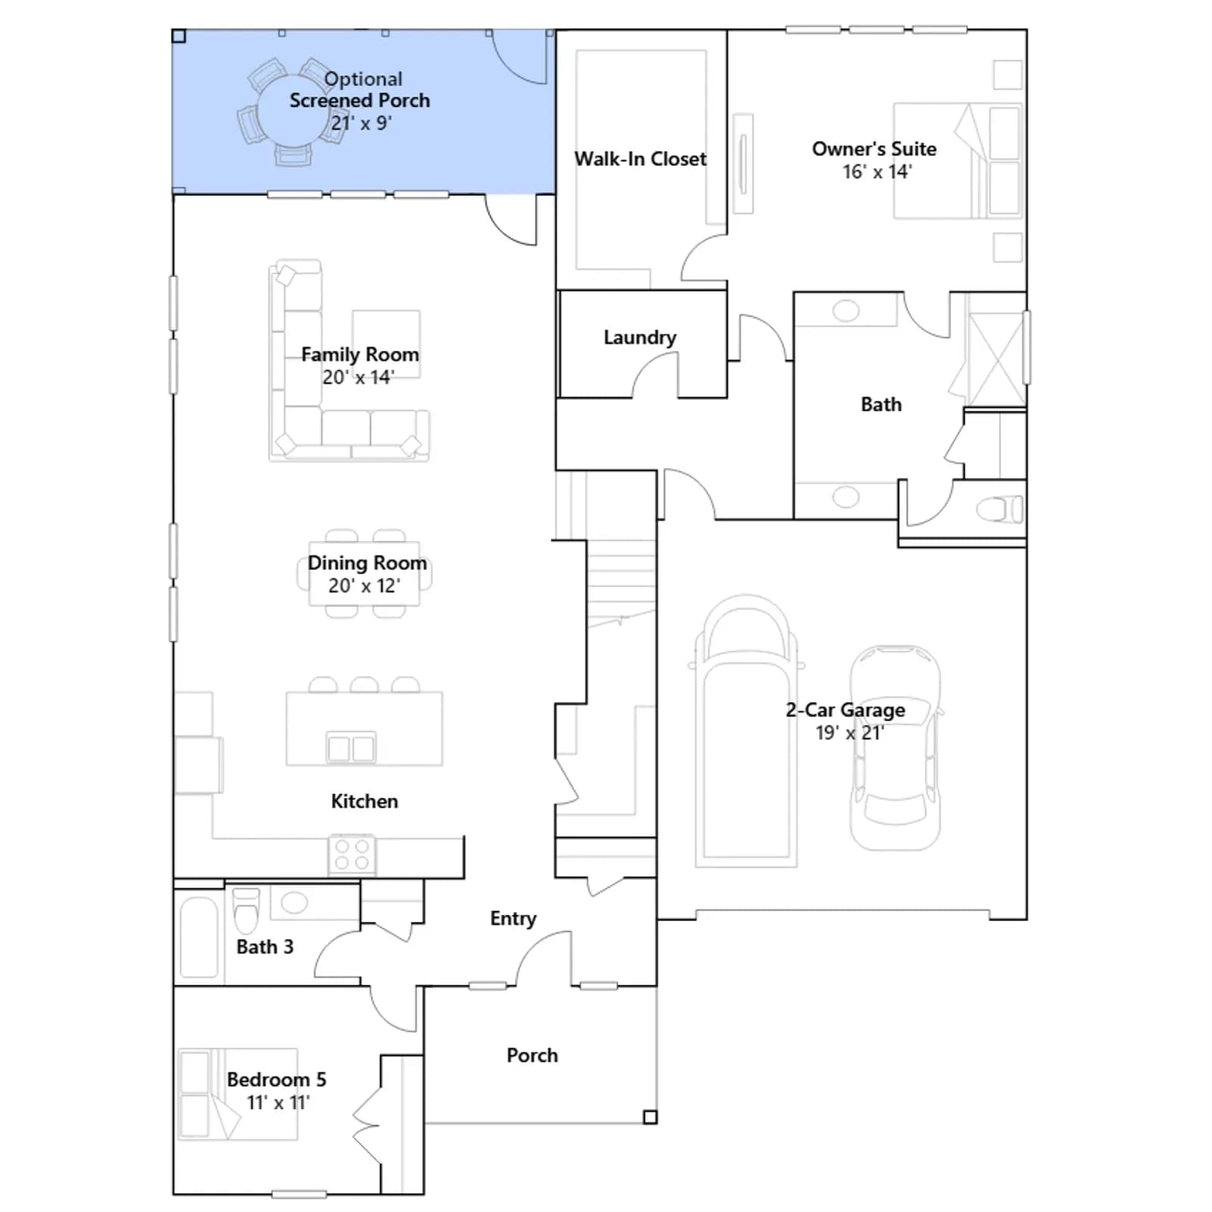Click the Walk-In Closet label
click(640, 159)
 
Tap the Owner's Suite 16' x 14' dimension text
click(877, 172)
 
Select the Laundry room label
click(640, 338)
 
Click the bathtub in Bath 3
click(199, 938)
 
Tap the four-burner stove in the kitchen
click(352, 854)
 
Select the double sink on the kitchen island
click(351, 748)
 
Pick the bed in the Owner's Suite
click(957, 161)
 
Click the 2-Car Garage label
click(845, 711)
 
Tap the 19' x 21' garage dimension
click(849, 733)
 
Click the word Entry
click(513, 919)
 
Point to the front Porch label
click(532, 1055)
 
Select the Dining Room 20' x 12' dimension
click(364, 586)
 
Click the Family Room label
click(360, 355)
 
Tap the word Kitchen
click(364, 801)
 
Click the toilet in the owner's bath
click(1000, 509)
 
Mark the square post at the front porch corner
click(650, 1117)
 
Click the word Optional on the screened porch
click(364, 80)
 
